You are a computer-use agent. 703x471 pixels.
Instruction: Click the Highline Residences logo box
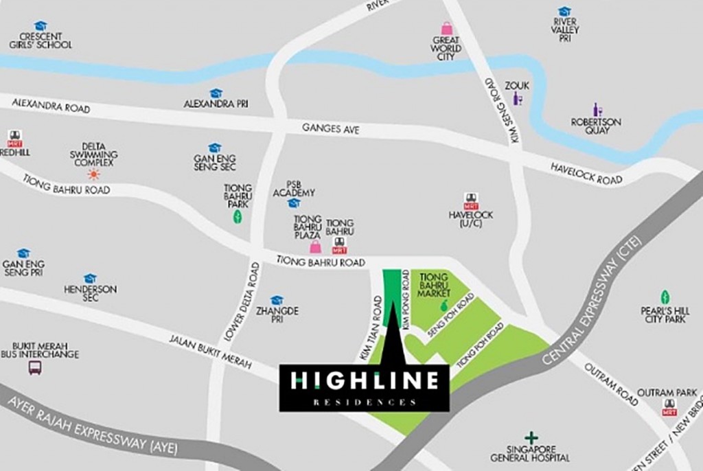pos(364,387)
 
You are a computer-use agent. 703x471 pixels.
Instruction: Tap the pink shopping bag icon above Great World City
pos(446,28)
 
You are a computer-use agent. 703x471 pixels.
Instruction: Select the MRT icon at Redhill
pos(14,137)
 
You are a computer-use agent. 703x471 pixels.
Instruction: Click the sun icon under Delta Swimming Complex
pos(93,174)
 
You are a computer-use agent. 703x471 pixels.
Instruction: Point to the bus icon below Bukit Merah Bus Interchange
pos(35,367)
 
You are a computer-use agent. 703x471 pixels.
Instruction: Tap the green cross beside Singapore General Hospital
pos(531,437)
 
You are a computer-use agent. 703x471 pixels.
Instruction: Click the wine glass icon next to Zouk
pos(517,99)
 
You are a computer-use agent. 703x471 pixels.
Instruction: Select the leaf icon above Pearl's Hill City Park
pos(665,297)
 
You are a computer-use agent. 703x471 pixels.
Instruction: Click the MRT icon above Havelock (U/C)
pos(470,200)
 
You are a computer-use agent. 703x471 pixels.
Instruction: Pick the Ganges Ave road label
pos(331,128)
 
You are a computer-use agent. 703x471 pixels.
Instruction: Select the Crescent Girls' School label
pos(40,41)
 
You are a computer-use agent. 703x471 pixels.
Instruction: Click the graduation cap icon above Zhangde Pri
pos(277,300)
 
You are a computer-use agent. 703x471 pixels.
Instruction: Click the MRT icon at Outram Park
pos(669,407)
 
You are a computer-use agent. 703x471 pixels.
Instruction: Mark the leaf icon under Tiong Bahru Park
pos(238,217)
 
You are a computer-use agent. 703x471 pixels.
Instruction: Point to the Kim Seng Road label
pos(502,110)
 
